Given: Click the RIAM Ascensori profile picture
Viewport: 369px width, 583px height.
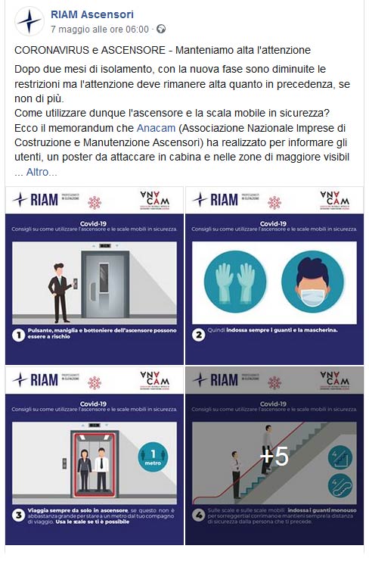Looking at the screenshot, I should (29, 20).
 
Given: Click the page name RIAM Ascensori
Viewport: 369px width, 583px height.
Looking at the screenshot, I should (91, 14).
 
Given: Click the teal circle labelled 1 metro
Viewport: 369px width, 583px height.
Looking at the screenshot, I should (152, 459).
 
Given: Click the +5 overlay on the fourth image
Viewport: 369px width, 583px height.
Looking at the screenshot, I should (274, 457).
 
